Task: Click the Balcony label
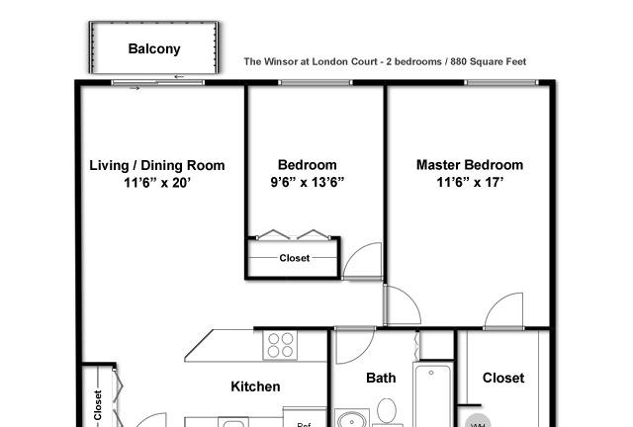(x=154, y=48)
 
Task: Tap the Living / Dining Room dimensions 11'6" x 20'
(x=157, y=183)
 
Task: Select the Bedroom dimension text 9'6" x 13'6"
(x=308, y=182)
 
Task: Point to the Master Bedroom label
(x=470, y=165)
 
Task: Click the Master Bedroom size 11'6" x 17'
(x=470, y=182)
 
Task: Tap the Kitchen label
(x=255, y=386)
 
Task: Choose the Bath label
(x=381, y=378)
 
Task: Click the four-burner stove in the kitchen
(x=280, y=345)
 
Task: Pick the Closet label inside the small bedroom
(x=295, y=258)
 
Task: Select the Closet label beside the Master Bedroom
(x=503, y=378)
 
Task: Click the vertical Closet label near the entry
(x=97, y=405)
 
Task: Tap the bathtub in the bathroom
(x=432, y=394)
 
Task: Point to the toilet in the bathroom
(x=387, y=411)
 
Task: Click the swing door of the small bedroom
(x=362, y=261)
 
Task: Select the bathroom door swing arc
(x=355, y=346)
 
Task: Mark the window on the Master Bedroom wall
(x=501, y=82)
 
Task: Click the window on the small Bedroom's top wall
(x=316, y=82)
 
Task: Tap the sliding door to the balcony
(x=158, y=83)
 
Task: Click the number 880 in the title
(x=459, y=61)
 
